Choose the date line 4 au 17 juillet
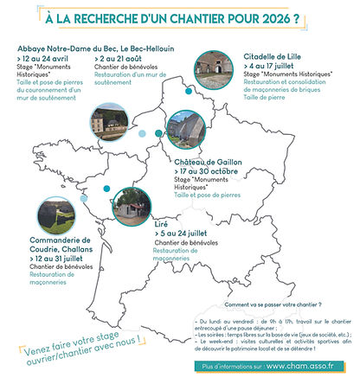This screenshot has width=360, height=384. tap(279, 65)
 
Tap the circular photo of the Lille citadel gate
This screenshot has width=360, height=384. tap(215, 71)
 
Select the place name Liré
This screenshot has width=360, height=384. tap(161, 222)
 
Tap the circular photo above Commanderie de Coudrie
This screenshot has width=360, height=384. tap(32, 218)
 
